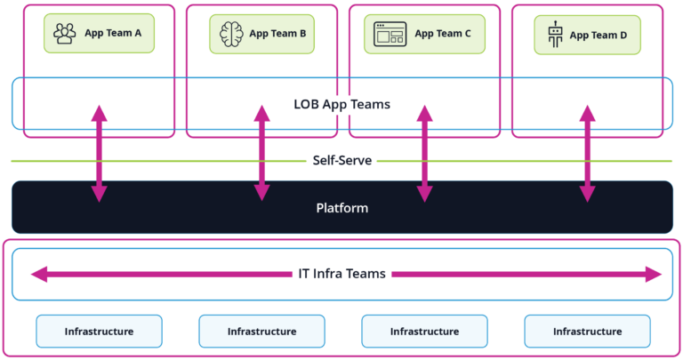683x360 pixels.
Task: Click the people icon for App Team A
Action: click(x=65, y=34)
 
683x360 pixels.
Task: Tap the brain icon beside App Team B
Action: click(x=232, y=34)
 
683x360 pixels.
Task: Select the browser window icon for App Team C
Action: click(x=390, y=34)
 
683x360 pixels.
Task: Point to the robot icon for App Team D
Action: click(x=556, y=35)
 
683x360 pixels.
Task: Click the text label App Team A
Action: click(x=113, y=34)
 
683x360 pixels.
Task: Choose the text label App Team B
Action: click(x=277, y=34)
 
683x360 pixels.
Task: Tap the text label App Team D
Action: click(x=599, y=35)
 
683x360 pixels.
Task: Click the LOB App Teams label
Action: click(x=341, y=104)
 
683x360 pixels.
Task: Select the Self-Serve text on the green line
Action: click(x=341, y=161)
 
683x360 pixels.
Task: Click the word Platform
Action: click(x=341, y=208)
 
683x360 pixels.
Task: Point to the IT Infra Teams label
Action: click(x=341, y=274)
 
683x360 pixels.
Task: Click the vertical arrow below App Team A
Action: click(x=99, y=153)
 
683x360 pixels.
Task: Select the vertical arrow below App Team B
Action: click(x=261, y=153)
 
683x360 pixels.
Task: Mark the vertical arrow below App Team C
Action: click(x=424, y=153)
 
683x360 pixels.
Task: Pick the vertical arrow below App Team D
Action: click(x=587, y=153)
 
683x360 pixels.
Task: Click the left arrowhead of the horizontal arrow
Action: click(x=37, y=274)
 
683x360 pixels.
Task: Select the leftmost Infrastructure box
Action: click(x=99, y=332)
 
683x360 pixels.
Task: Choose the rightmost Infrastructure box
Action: click(x=587, y=332)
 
